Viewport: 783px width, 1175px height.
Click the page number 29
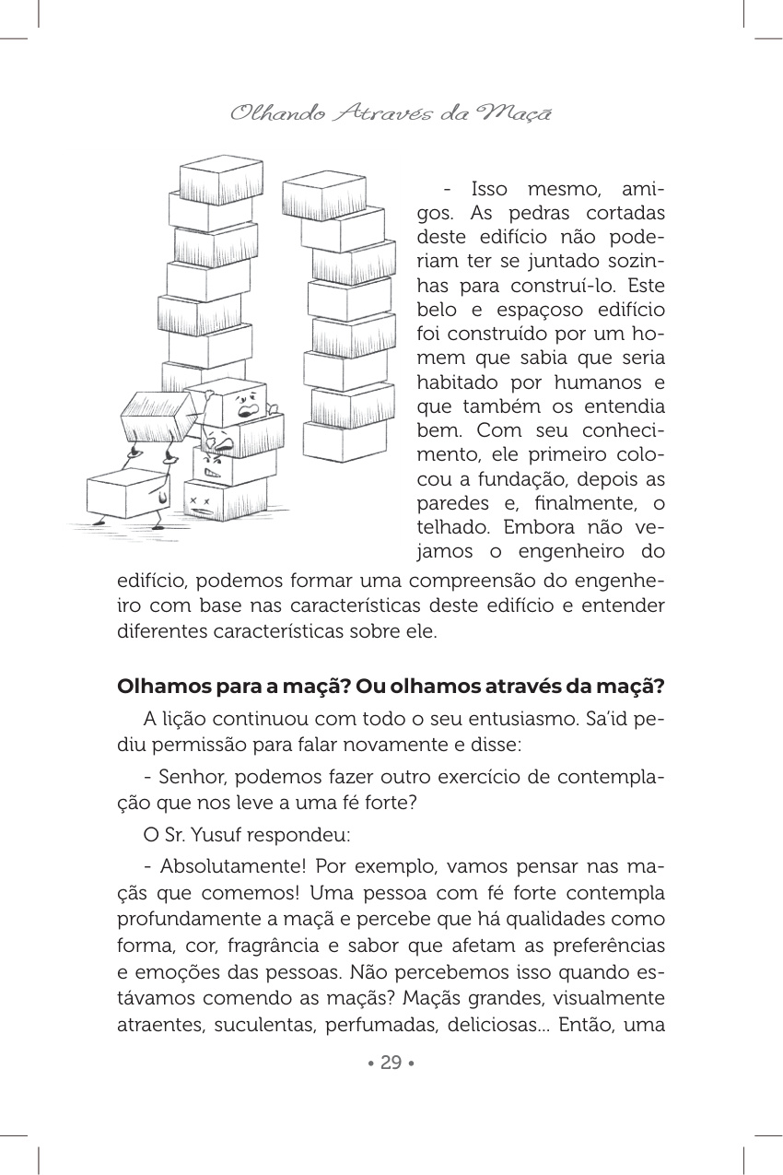point(391,1063)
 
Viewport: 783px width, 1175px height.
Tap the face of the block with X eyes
point(205,502)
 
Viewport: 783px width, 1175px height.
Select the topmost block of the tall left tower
point(221,179)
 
